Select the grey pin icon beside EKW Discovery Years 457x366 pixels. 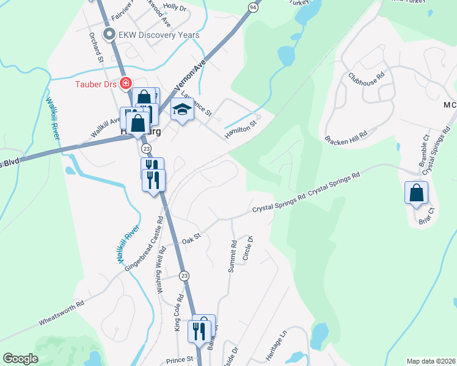tap(110, 35)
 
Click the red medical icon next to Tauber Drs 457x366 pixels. tap(125, 84)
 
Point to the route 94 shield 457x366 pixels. tap(253, 7)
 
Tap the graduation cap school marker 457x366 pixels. tap(181, 110)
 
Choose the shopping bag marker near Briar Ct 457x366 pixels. tap(415, 193)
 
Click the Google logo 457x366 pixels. tap(20, 359)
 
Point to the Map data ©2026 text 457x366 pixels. tap(431, 361)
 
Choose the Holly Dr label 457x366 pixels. tap(175, 7)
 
